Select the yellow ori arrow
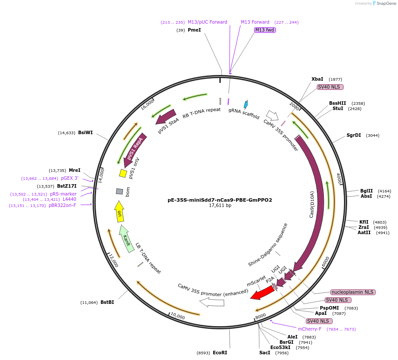119,212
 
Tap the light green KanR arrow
126,239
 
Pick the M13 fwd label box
265,30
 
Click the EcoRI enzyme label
220,352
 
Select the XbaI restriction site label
317,79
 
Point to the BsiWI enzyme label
86,132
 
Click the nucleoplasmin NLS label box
353,292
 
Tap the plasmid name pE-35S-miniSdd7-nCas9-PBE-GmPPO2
219,200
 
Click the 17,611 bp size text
220,206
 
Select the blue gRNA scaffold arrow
246,104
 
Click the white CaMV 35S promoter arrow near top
273,116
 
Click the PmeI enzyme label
194,30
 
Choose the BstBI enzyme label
107,302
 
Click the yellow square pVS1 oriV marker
123,174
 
